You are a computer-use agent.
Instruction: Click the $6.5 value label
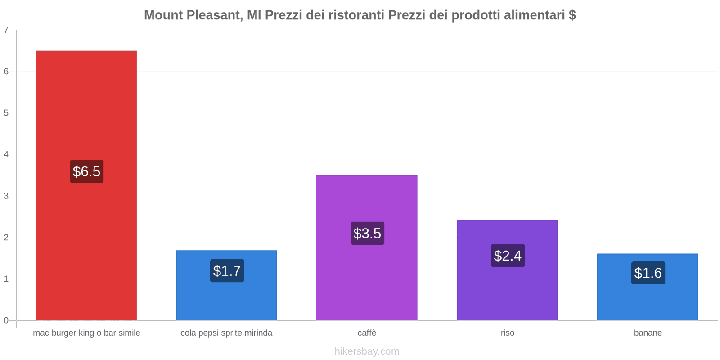coord(86,171)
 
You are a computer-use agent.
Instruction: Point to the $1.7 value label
coord(227,271)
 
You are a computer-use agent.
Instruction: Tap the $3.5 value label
coord(367,234)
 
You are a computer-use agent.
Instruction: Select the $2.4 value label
coord(508,256)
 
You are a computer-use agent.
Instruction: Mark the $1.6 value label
coord(648,273)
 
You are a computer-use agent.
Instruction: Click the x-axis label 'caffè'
coord(367,333)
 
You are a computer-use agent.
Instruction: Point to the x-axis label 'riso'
coord(507,333)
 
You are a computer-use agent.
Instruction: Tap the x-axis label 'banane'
coord(648,333)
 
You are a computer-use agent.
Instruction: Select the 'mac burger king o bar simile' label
coord(86,333)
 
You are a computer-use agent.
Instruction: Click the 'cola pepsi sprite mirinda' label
coord(226,333)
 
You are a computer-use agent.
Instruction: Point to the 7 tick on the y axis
coord(6,30)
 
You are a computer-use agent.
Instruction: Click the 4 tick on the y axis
coord(6,154)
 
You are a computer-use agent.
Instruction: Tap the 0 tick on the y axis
coord(6,320)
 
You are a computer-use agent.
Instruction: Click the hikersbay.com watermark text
coord(367,351)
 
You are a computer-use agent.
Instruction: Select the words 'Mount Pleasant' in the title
coord(192,15)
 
